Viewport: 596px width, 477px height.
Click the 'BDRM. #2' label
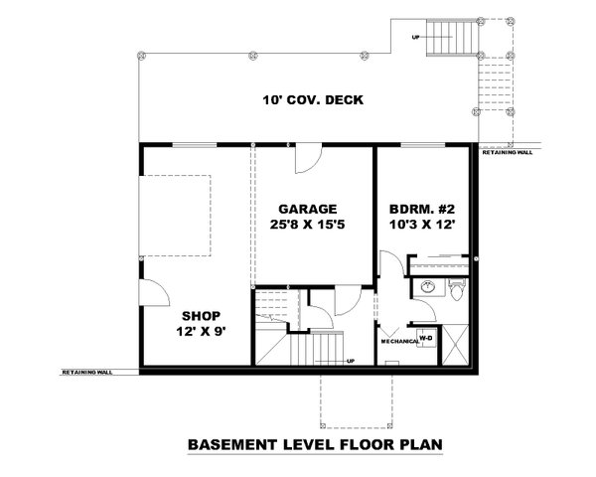pyautogui.click(x=422, y=210)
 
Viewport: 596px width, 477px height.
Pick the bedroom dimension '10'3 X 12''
pyautogui.click(x=422, y=228)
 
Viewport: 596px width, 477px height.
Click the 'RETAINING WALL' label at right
pyautogui.click(x=507, y=155)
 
